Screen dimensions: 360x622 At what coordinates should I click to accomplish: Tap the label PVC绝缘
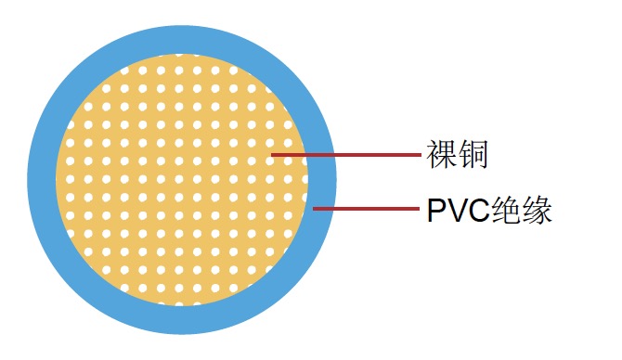(490, 211)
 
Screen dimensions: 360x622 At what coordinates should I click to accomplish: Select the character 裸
(441, 155)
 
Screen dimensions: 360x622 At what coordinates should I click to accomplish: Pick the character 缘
(538, 211)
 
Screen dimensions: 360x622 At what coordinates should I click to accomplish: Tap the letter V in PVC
(457, 211)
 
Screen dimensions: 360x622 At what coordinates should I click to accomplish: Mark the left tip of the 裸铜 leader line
(270, 155)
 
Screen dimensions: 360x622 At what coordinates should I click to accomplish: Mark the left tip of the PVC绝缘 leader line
(314, 209)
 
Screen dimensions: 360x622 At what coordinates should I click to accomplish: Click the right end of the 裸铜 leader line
(420, 155)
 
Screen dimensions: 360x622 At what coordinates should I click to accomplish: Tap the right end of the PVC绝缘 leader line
(420, 209)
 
